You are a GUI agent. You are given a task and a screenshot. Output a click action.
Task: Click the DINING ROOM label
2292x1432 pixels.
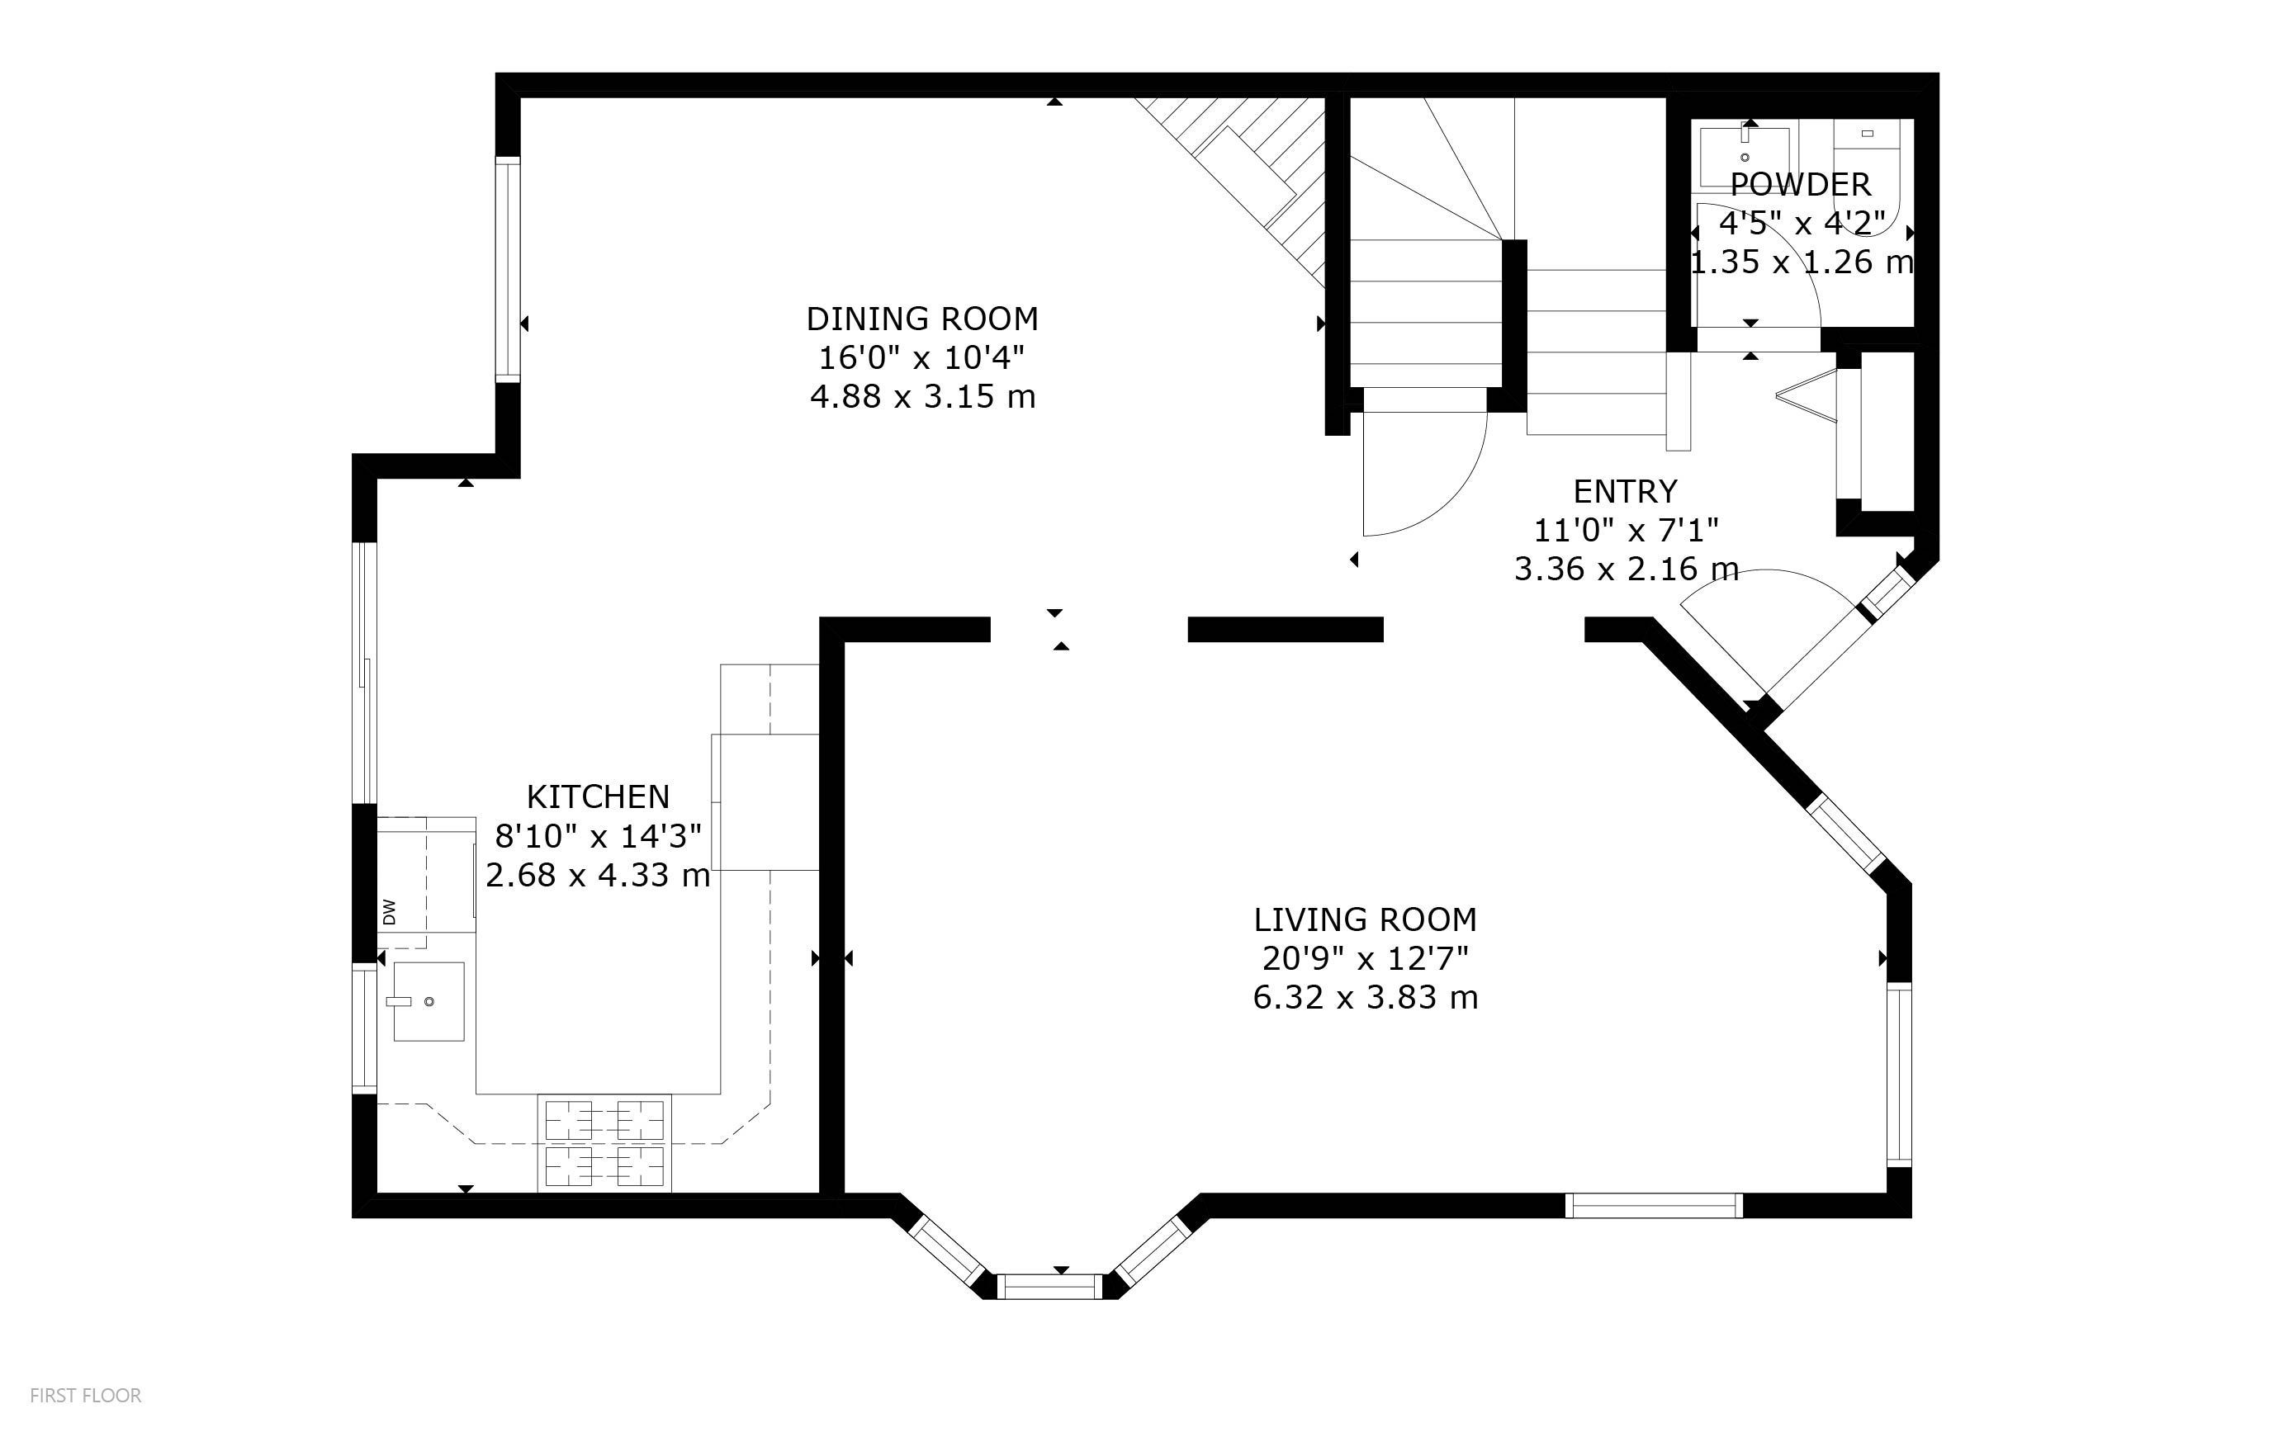coord(921,319)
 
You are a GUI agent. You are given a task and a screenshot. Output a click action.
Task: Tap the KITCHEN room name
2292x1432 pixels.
coord(598,796)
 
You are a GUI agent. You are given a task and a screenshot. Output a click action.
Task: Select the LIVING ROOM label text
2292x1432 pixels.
coord(1365,919)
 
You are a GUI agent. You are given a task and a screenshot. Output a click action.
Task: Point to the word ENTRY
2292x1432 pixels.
coord(1625,492)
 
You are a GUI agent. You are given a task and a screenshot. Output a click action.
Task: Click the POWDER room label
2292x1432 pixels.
coord(1801,184)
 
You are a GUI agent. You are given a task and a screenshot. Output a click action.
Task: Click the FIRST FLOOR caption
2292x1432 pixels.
coord(85,1395)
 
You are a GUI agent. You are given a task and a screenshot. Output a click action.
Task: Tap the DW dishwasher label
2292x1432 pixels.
coord(389,912)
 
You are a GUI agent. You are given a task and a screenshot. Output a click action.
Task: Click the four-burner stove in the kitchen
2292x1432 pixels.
coord(604,1143)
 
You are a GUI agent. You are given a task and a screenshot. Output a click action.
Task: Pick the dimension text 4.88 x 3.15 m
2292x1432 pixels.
coord(922,396)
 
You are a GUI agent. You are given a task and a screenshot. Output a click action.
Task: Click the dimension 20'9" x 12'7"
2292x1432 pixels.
coord(1365,959)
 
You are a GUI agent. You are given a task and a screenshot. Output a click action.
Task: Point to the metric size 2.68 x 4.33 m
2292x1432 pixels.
coord(598,875)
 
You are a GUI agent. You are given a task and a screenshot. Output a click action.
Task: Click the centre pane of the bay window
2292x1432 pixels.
coord(1050,1286)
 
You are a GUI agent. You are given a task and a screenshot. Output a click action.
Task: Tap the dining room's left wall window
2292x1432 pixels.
coord(509,270)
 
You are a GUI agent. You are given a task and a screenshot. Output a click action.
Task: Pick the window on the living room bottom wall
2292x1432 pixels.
coord(1654,1206)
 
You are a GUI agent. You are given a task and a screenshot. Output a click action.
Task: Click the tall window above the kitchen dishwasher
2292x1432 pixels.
coord(365,673)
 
